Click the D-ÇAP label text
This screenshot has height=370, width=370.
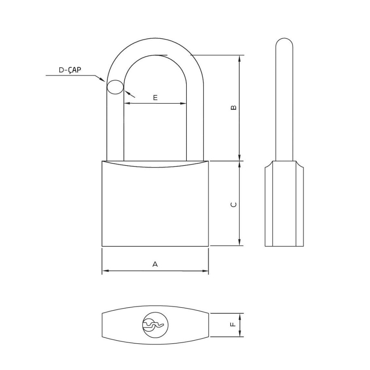tap(70, 70)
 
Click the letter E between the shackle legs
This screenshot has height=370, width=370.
tap(155, 98)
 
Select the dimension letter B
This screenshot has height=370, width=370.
tap(233, 107)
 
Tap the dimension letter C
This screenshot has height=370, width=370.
tap(233, 205)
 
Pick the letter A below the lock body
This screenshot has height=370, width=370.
tap(155, 264)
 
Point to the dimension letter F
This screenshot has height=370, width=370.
tap(233, 324)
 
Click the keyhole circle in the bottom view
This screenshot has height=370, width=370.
tap(155, 325)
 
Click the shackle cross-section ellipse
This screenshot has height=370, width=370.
tap(115, 87)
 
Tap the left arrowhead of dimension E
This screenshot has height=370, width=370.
tap(127, 103)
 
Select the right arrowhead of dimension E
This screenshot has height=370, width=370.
tap(183, 103)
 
